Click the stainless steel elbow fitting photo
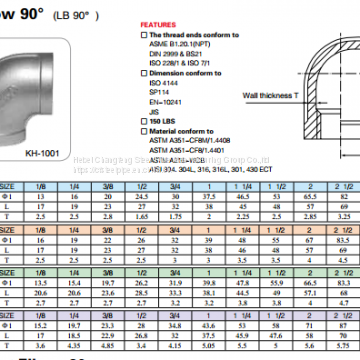click(45, 95)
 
